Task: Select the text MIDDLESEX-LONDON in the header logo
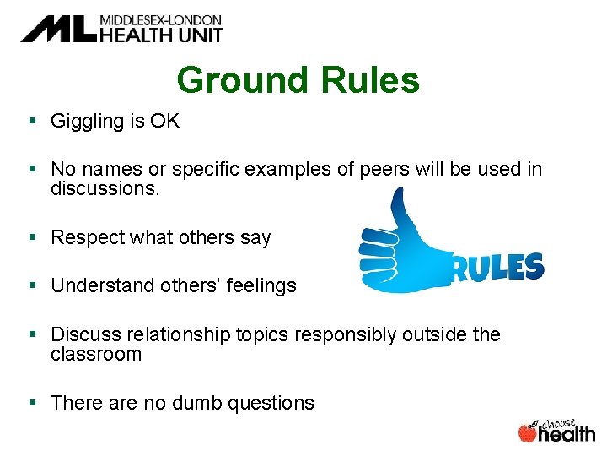(x=160, y=19)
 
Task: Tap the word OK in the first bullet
(x=164, y=122)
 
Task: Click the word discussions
(x=105, y=188)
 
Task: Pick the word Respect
(x=87, y=238)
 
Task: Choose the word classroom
(x=96, y=354)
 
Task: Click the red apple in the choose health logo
(x=528, y=433)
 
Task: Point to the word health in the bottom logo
(x=567, y=434)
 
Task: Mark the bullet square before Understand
(x=33, y=286)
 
